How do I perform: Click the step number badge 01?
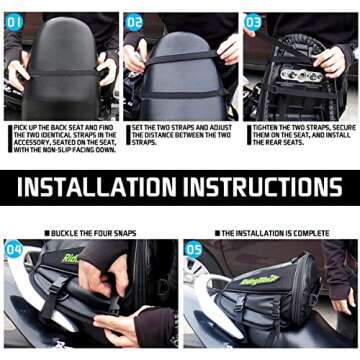(14, 21)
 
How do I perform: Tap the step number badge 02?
(134, 21)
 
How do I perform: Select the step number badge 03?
(254, 21)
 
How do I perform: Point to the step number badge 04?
(14, 249)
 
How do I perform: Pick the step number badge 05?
(194, 249)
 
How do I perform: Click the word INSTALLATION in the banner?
(96, 187)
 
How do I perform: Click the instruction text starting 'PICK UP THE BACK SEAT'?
(62, 138)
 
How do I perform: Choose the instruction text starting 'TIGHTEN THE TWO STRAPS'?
(301, 138)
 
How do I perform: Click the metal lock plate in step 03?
(300, 74)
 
